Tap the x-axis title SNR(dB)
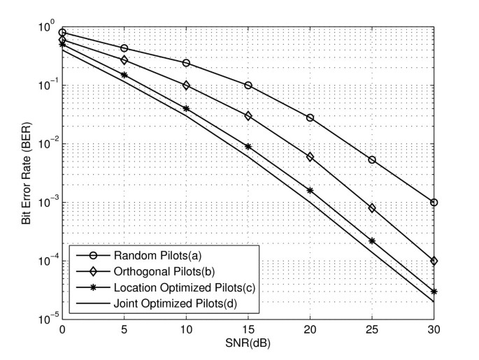(x=248, y=345)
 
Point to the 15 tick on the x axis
(x=248, y=329)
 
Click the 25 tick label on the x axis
(x=372, y=329)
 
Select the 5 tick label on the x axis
(x=124, y=329)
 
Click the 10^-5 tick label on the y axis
(x=46, y=319)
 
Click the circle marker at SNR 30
(x=434, y=203)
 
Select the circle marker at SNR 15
(x=248, y=85)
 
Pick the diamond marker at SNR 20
(x=310, y=157)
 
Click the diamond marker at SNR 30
(x=434, y=261)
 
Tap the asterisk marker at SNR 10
(x=186, y=109)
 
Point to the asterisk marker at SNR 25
(x=372, y=241)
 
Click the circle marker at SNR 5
(x=124, y=48)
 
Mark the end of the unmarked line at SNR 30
(x=434, y=302)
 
